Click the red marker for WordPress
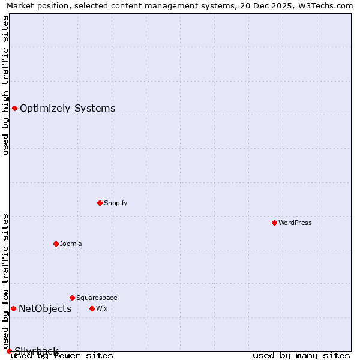click(x=274, y=223)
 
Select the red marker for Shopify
click(x=100, y=203)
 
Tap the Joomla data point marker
click(x=56, y=244)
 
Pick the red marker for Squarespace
click(x=72, y=298)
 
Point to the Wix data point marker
click(x=92, y=308)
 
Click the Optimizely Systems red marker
click(x=14, y=108)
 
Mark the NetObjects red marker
click(x=13, y=308)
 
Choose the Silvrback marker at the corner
click(x=9, y=351)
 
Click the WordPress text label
click(x=295, y=223)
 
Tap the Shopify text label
click(x=116, y=203)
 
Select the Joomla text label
click(x=71, y=244)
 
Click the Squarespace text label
click(x=97, y=298)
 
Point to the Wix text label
click(x=101, y=308)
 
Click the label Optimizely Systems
click(x=67, y=109)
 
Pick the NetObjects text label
click(x=45, y=309)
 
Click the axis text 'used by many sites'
click(x=301, y=356)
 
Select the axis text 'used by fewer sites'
click(x=62, y=356)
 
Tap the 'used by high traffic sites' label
click(x=6, y=85)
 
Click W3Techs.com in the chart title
click(x=323, y=5)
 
